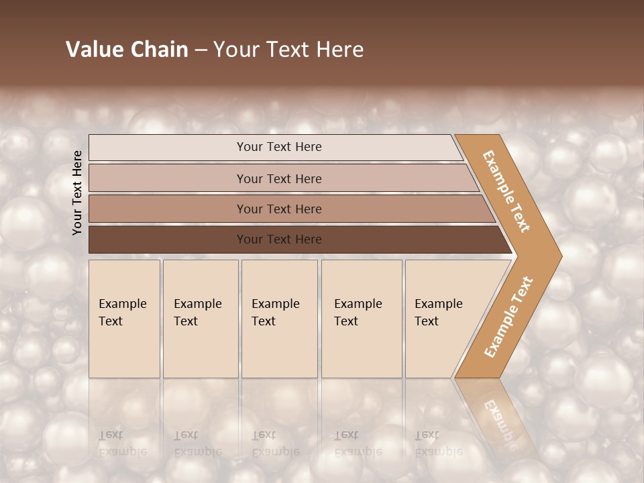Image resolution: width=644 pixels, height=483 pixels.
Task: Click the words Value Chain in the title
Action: click(127, 50)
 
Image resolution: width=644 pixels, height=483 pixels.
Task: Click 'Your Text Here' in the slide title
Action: click(288, 50)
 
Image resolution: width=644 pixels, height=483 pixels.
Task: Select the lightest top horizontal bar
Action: click(168, 147)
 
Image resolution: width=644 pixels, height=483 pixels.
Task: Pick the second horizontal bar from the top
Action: click(168, 178)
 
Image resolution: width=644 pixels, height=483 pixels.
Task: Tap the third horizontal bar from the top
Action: click(168, 209)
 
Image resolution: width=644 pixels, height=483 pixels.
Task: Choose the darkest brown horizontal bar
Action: click(168, 239)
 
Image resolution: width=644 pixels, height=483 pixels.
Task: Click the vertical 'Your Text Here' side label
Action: click(77, 193)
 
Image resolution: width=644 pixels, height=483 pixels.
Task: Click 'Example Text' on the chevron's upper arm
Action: click(506, 191)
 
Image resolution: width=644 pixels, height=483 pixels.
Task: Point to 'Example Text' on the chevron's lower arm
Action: click(508, 317)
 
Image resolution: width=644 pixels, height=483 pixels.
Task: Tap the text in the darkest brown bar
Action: click(279, 239)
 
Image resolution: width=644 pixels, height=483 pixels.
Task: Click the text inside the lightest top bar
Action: click(279, 147)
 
